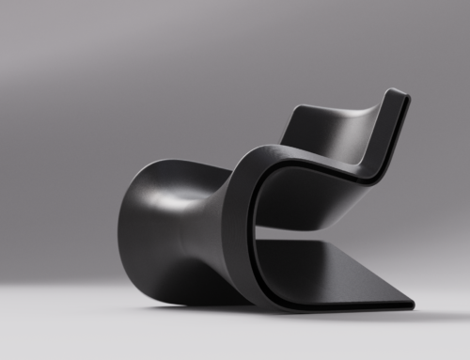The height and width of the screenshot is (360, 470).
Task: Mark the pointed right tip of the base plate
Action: (412, 305)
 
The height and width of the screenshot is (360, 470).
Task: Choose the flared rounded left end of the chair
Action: (141, 226)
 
